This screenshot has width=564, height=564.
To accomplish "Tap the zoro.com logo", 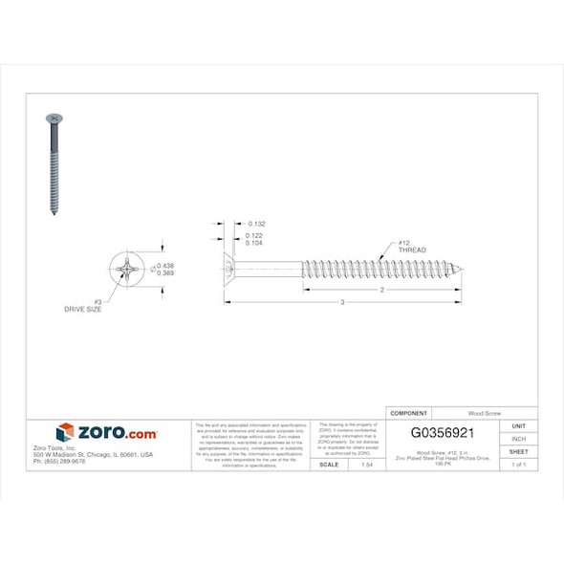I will point(106,432).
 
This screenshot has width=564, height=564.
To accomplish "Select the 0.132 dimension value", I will point(255,224).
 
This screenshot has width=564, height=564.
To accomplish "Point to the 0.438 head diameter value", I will point(164,265).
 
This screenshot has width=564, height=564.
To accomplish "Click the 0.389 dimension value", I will point(164,273).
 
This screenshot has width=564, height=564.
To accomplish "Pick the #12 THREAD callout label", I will point(411,247).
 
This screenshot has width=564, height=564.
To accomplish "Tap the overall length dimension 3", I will point(343,303).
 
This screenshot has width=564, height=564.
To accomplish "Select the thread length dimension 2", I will point(381,289).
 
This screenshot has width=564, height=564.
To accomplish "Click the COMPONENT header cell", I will point(409,412).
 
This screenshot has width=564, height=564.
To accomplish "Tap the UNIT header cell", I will point(518,425).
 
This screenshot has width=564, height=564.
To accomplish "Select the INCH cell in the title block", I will point(518,439).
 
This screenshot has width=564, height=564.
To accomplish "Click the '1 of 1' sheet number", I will point(518,464).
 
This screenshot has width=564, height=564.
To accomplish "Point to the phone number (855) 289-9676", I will point(59,461).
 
